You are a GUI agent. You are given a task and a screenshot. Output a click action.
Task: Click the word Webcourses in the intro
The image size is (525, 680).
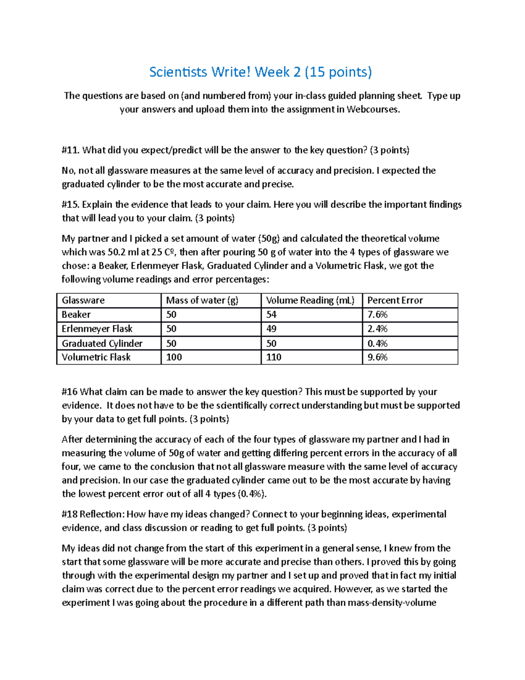[x=372, y=109]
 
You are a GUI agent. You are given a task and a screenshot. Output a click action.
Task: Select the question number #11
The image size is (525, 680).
[x=70, y=150]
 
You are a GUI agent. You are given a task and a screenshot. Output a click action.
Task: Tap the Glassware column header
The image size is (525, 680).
[x=83, y=300]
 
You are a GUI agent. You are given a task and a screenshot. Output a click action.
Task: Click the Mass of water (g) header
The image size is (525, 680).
[x=202, y=300]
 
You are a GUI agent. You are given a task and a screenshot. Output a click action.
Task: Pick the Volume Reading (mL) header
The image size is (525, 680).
[x=310, y=300]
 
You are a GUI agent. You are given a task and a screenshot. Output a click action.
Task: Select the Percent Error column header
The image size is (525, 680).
[x=395, y=300]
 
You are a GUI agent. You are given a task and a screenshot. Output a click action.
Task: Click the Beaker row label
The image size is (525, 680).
[x=76, y=315]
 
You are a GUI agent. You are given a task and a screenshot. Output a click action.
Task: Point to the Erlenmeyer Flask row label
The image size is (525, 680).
[x=97, y=329]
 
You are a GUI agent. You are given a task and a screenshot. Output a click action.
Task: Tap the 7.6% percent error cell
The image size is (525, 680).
[x=378, y=315]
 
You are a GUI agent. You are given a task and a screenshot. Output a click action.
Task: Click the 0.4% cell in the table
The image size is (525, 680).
[x=378, y=343]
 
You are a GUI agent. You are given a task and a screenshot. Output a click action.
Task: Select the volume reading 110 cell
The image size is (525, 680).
[x=274, y=357]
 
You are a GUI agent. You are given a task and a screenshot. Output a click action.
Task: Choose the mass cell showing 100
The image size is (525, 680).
[x=174, y=357]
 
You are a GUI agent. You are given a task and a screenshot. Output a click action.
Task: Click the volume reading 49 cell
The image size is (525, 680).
[x=271, y=329]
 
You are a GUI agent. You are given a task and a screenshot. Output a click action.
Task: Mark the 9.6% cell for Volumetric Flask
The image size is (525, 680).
[x=378, y=357]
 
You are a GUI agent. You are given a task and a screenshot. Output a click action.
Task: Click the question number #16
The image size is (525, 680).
[x=70, y=392]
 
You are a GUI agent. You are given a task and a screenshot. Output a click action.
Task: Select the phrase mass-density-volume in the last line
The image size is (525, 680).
[x=392, y=602]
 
